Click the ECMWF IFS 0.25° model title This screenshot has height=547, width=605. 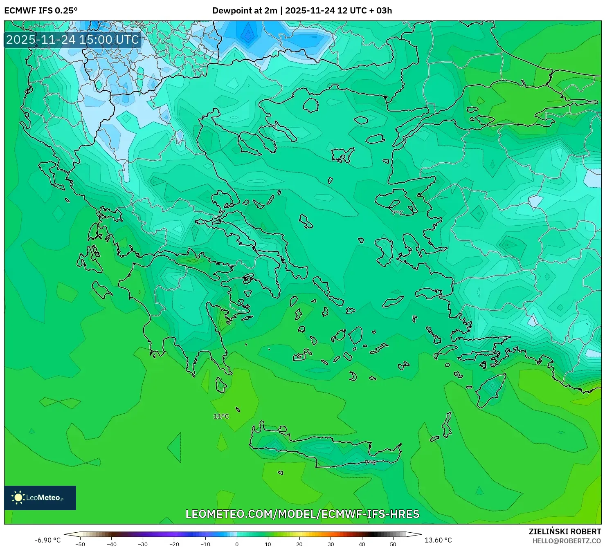point(41,11)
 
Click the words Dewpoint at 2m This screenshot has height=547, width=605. point(245,11)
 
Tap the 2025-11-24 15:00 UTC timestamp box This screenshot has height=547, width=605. point(73,40)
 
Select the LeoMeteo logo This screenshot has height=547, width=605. point(40,498)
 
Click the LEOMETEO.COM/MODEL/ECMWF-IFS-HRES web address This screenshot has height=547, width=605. point(302,514)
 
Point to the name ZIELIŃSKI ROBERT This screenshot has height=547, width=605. point(565,531)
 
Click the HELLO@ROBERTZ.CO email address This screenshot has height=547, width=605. point(567,541)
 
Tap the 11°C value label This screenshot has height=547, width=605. point(221,416)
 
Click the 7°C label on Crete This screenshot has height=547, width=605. point(370,462)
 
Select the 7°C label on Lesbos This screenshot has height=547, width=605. point(397,213)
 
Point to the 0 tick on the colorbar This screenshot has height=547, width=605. point(237,544)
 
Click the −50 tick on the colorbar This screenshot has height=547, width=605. point(80,544)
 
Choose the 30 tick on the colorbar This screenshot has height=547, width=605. point(331,544)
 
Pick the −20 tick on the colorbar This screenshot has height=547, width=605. point(174,544)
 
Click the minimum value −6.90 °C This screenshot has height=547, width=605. point(47,540)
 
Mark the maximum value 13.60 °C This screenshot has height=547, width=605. point(438,540)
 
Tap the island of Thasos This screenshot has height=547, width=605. point(311,105)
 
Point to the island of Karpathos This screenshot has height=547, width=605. point(447,425)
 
